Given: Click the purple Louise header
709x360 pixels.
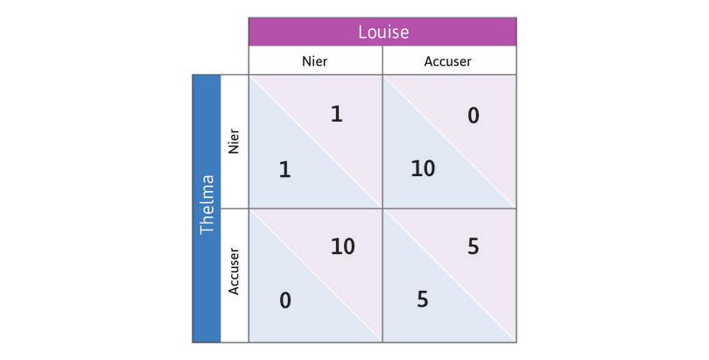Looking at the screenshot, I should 383,32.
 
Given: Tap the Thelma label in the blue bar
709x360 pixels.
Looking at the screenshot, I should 207,208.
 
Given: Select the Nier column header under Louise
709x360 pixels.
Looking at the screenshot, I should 315,62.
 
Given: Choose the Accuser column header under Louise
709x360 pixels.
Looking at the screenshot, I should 448,62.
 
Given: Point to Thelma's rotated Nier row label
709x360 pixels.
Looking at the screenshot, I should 234,142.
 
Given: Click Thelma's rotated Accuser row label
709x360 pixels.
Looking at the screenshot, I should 234,274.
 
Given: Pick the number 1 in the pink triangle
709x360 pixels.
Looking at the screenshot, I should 336,114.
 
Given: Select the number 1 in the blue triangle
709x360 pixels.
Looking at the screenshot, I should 284,169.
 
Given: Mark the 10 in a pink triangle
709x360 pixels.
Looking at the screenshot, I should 342,247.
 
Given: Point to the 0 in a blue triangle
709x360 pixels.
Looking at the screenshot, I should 285,300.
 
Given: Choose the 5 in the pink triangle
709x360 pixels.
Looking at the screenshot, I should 473,247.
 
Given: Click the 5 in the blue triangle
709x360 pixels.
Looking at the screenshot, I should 422,300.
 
